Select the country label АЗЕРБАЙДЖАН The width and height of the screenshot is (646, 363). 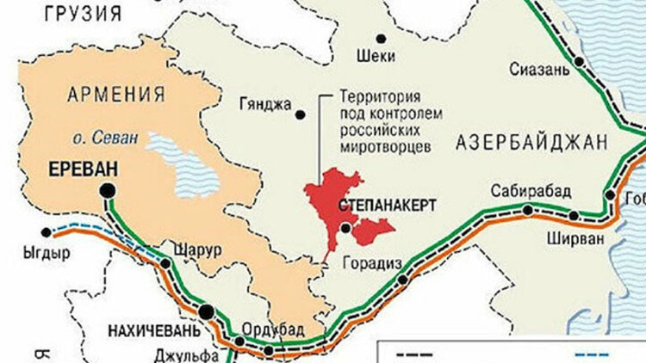click(531, 142)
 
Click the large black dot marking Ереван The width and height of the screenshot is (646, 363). click(108, 190)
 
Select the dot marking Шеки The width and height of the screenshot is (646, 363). click(380, 39)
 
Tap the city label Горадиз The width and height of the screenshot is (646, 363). click(371, 262)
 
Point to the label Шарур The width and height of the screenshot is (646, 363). click(197, 249)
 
